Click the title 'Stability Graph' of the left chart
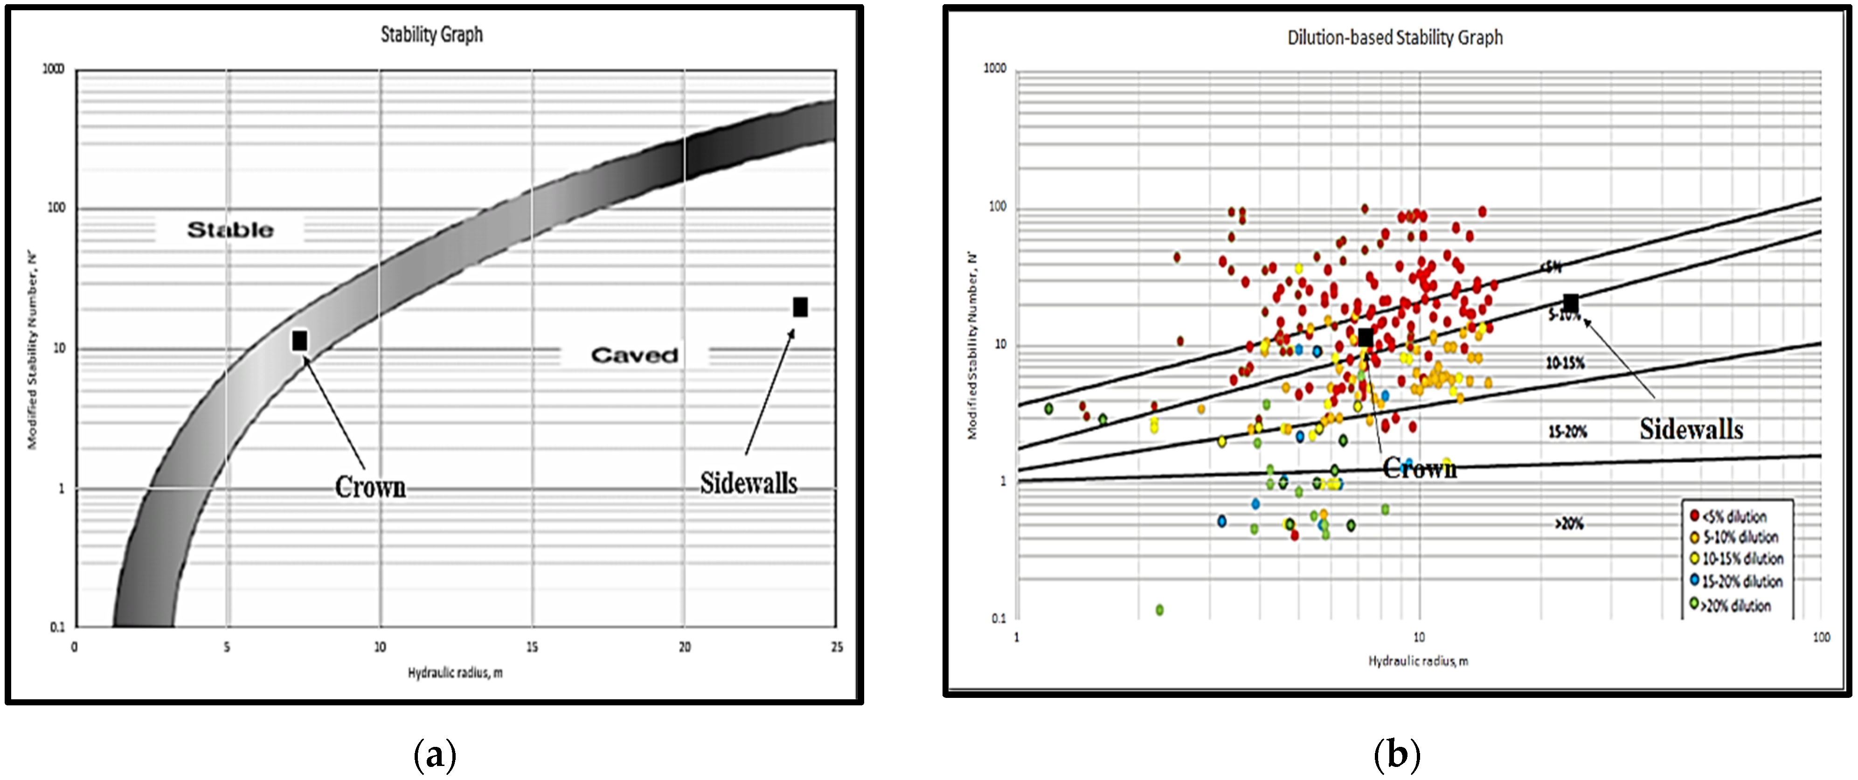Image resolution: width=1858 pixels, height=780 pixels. (431, 35)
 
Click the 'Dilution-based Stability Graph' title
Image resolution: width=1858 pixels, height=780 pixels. (1395, 37)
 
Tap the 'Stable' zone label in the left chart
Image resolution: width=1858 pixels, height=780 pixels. (230, 230)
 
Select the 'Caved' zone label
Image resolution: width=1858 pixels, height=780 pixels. (634, 355)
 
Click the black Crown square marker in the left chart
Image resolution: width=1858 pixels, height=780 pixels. (300, 341)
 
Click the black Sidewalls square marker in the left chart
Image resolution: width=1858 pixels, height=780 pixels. (800, 307)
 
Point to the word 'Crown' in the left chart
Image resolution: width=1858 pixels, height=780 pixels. (370, 487)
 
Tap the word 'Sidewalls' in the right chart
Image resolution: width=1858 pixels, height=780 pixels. (1691, 429)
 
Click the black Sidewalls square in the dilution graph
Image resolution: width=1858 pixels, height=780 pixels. (1570, 304)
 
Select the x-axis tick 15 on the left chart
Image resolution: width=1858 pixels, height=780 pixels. (532, 647)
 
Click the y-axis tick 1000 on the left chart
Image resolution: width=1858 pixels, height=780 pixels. (53, 69)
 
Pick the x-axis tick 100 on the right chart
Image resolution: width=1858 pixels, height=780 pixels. (1821, 637)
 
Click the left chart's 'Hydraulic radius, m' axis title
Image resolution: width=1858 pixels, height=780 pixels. (455, 673)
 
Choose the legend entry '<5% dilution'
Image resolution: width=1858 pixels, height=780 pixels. (1734, 516)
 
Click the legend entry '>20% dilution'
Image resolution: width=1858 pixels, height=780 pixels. (1735, 606)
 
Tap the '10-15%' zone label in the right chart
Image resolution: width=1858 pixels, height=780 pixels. (1565, 363)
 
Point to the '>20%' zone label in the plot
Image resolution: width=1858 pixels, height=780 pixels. (1569, 524)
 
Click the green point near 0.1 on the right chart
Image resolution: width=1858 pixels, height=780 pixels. (1159, 610)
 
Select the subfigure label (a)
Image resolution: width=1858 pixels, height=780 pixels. (435, 755)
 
